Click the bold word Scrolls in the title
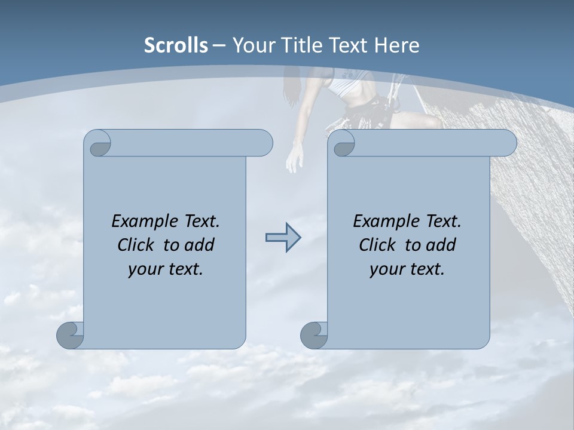(176, 45)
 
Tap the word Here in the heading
(397, 45)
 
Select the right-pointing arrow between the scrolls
(283, 238)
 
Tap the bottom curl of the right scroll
(314, 335)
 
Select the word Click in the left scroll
(137, 245)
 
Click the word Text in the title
(347, 45)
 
